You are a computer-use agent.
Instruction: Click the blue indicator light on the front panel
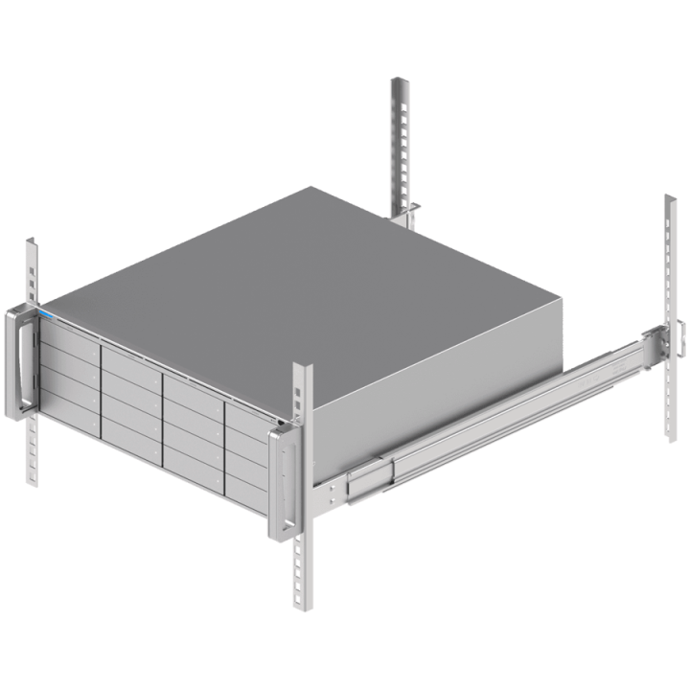(44, 312)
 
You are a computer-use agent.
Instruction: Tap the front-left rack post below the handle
(33, 450)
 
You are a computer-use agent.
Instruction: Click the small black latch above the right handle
(279, 422)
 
